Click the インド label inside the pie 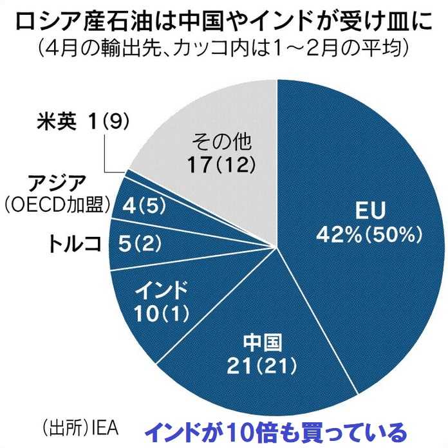(x=162, y=287)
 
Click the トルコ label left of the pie (x=75, y=243)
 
